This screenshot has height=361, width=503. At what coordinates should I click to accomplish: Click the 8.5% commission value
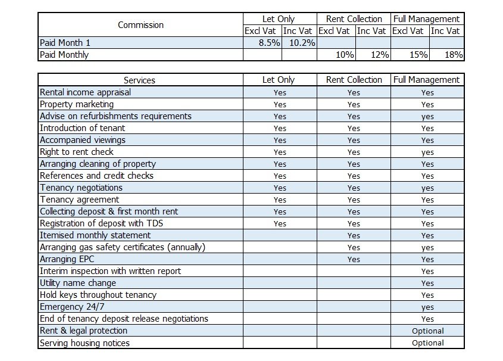click(x=269, y=43)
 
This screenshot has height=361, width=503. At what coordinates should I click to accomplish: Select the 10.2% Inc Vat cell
click(x=302, y=43)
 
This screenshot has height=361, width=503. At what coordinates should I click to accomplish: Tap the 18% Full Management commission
click(x=454, y=55)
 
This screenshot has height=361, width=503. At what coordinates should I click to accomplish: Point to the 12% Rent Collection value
click(x=380, y=55)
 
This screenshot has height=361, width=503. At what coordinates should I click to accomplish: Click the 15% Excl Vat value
click(x=418, y=55)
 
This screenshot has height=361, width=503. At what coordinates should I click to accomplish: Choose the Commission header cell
click(x=140, y=24)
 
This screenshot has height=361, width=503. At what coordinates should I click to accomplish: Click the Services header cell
click(x=139, y=80)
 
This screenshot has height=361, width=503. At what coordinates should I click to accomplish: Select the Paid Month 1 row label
click(x=65, y=43)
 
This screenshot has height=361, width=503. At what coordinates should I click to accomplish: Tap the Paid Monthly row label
click(x=64, y=55)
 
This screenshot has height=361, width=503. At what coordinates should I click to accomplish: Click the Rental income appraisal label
click(x=85, y=92)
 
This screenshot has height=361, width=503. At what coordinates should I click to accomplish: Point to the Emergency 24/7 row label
click(x=72, y=306)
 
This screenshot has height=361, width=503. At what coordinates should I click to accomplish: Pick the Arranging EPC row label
click(x=67, y=259)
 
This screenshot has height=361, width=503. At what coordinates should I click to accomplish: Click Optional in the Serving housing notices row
click(x=427, y=343)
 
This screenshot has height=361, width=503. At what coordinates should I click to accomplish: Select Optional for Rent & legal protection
click(x=427, y=331)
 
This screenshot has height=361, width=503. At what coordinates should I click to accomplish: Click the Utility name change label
click(x=77, y=283)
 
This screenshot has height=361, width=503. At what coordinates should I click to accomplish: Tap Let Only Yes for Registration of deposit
click(x=280, y=223)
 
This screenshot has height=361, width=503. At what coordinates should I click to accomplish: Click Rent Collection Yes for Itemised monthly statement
click(x=354, y=235)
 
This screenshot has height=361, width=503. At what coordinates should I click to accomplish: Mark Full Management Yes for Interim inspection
click(x=427, y=271)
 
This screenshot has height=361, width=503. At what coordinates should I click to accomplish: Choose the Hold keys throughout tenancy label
click(x=98, y=294)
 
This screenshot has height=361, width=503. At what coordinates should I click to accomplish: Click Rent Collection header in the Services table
click(x=354, y=80)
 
